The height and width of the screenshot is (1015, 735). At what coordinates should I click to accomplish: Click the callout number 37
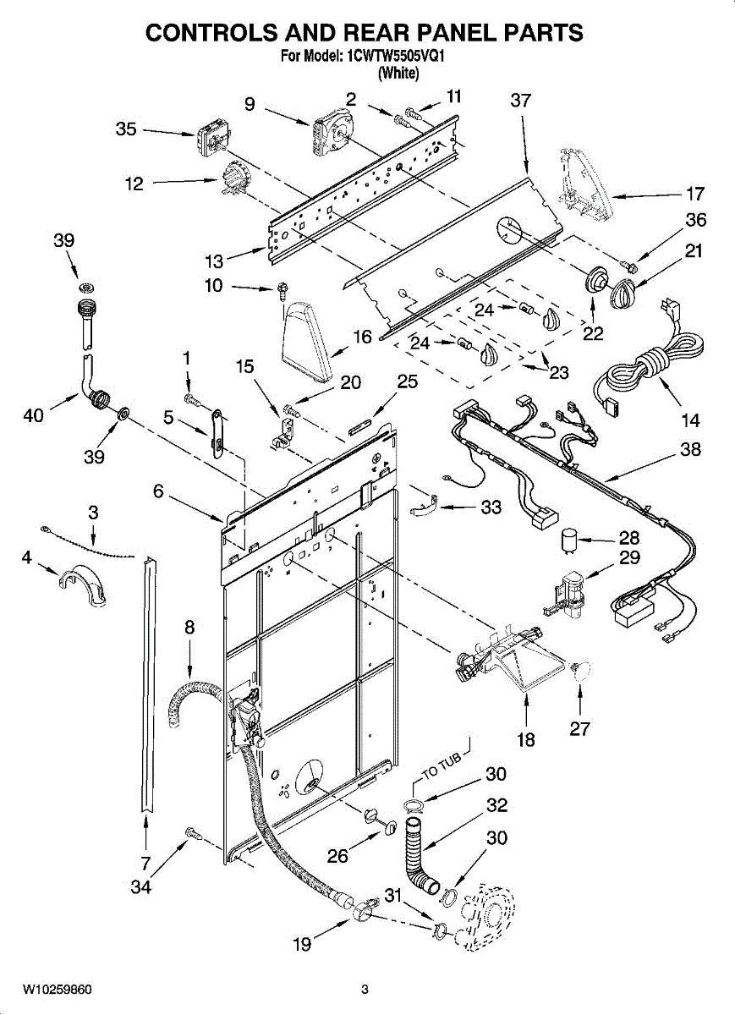pos(520,101)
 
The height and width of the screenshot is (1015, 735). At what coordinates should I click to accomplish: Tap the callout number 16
pos(362,337)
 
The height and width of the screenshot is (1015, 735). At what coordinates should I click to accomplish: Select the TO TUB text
pos(442,767)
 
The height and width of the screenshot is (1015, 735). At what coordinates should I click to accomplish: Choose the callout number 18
pos(525,740)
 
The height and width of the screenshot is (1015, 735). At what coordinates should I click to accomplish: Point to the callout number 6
pos(158,491)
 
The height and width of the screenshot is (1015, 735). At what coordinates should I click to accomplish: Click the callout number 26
pos(338,856)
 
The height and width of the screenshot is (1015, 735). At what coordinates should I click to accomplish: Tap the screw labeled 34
pos(194,833)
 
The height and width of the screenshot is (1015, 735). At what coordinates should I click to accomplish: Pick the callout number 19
pos(302,944)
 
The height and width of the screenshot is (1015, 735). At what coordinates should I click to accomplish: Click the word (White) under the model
pos(398,73)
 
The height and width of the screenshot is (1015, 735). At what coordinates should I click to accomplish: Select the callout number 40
pos(33,415)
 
